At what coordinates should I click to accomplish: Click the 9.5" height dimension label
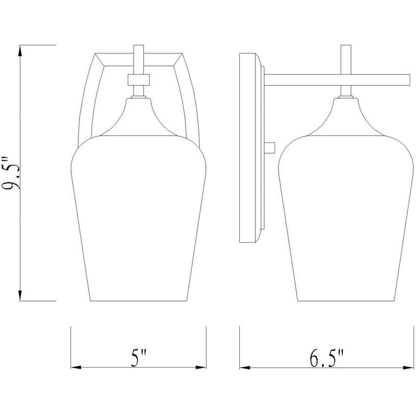click(11, 173)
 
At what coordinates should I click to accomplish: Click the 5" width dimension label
click(139, 358)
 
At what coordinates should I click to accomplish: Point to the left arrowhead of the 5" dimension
click(76, 368)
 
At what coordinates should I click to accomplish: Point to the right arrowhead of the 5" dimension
click(201, 368)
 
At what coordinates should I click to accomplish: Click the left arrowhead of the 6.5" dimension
click(245, 368)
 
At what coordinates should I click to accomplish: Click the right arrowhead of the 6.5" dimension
click(408, 368)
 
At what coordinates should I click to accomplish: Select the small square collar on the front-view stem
click(139, 80)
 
